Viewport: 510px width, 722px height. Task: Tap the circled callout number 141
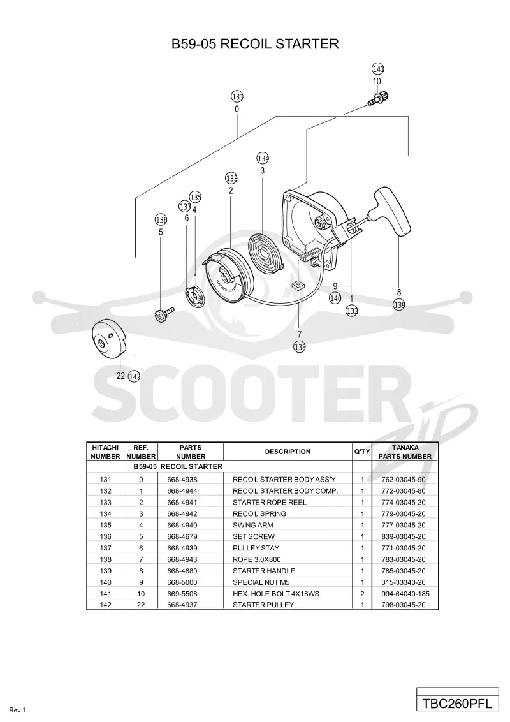coord(378,69)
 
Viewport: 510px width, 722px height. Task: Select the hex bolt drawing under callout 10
coord(378,98)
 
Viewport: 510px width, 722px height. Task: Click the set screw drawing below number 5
coord(164,315)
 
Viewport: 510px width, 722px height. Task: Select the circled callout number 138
coord(300,347)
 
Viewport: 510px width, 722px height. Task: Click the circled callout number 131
coord(237,97)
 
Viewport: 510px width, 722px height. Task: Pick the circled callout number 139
coord(399,305)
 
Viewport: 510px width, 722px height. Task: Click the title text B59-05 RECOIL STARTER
coord(255,44)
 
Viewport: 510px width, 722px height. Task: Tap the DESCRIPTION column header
coord(288,452)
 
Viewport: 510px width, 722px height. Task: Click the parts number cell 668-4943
coord(182,559)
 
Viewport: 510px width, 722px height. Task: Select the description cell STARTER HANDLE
coord(264,571)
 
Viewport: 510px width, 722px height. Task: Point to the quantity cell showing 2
coord(362,594)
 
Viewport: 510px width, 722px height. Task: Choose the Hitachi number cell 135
coord(105,526)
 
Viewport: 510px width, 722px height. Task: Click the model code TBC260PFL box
coord(458,704)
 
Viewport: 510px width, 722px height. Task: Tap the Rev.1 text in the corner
coord(17,710)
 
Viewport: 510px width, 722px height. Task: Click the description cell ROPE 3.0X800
coord(257,559)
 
